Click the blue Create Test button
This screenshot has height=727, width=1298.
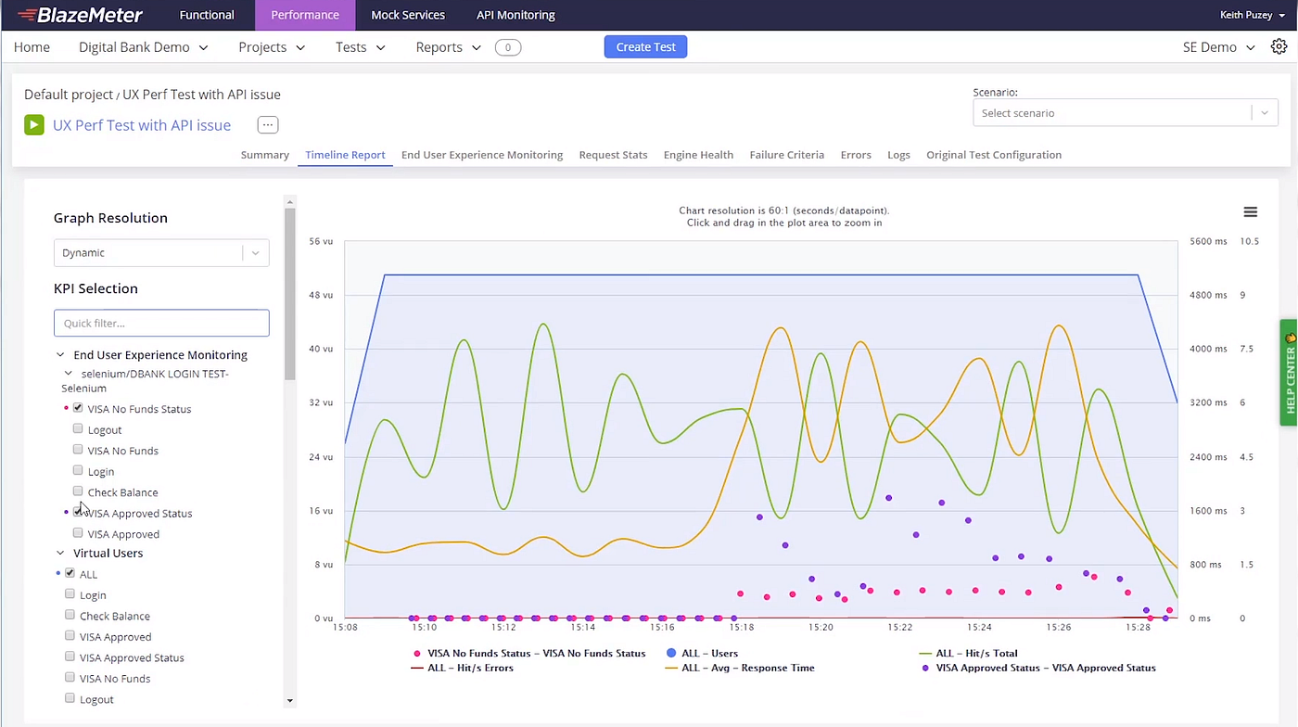645,47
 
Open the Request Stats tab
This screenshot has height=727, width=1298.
613,155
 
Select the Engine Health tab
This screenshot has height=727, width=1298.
698,155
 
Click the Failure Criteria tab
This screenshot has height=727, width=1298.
786,155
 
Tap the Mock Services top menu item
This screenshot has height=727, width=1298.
408,15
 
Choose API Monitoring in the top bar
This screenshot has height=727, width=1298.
515,15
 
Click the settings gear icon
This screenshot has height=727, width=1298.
1279,47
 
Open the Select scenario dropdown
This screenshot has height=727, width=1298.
1125,113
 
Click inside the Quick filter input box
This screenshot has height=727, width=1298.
161,323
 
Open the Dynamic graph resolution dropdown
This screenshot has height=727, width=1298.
161,253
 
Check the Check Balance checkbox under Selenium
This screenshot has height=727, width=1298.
78,491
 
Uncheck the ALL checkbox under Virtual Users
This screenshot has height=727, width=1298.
70,573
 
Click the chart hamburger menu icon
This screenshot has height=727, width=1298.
1250,212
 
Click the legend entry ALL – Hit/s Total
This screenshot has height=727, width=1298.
975,654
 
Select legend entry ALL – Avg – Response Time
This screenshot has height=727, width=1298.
747,668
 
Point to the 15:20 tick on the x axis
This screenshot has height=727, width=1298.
821,628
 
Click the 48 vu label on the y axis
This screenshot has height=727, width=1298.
321,295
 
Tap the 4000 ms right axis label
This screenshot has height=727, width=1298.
1207,349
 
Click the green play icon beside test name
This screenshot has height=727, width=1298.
34,125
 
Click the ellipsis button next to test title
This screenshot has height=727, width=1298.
267,125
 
